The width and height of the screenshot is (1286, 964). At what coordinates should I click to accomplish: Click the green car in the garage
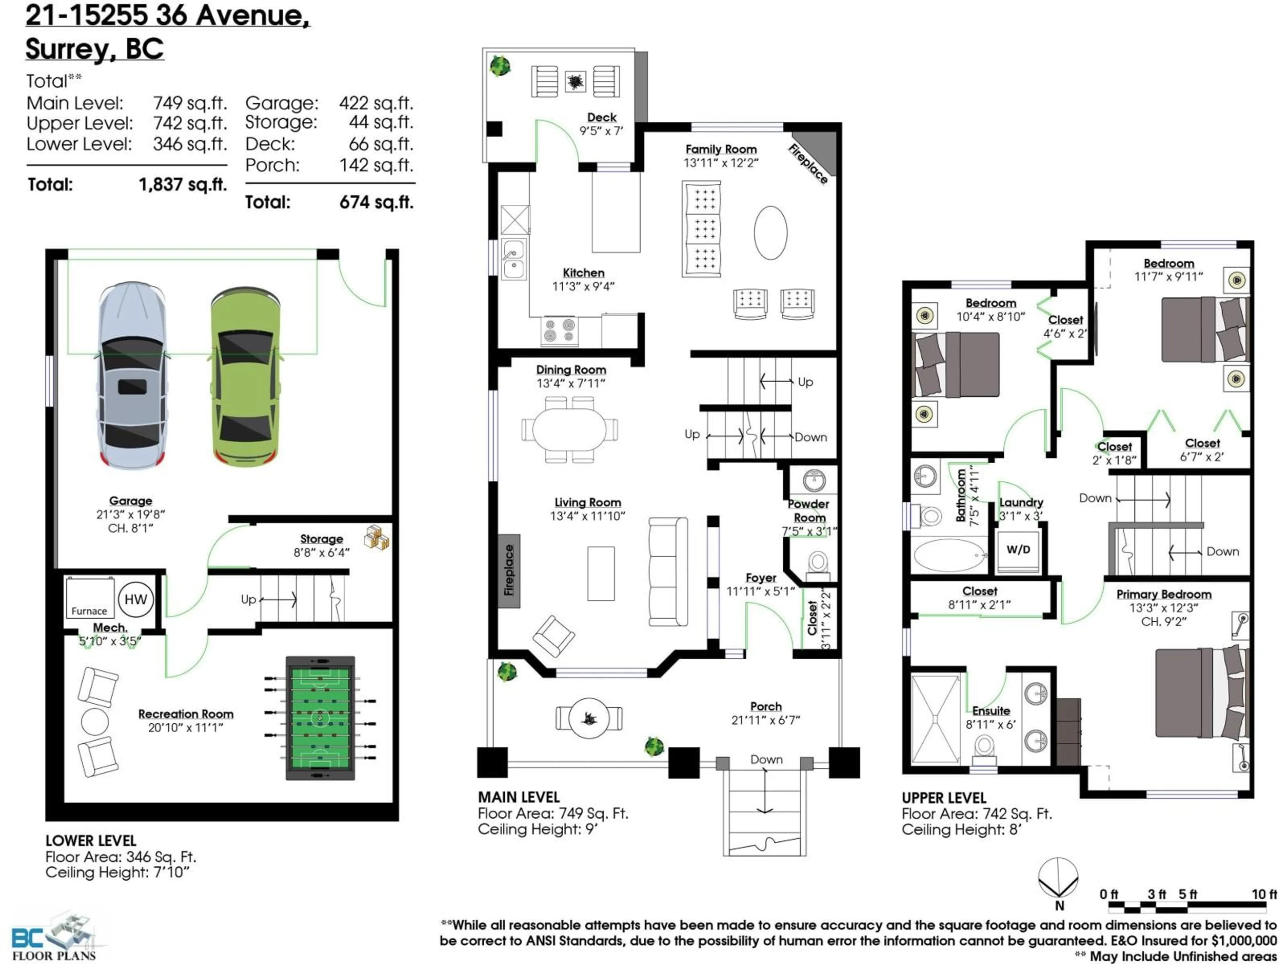pyautogui.click(x=245, y=378)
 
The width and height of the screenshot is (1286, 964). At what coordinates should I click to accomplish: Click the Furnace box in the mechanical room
pyautogui.click(x=89, y=597)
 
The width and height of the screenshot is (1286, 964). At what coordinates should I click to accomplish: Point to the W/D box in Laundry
pyautogui.click(x=1018, y=550)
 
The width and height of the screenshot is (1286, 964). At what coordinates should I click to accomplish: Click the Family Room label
pyautogui.click(x=721, y=149)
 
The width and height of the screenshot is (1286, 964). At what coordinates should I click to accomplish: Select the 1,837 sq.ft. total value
pyautogui.click(x=183, y=185)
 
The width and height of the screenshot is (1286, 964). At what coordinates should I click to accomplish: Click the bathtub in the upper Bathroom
pyautogui.click(x=949, y=555)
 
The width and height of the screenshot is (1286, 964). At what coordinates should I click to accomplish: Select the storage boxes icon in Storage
pyautogui.click(x=377, y=538)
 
